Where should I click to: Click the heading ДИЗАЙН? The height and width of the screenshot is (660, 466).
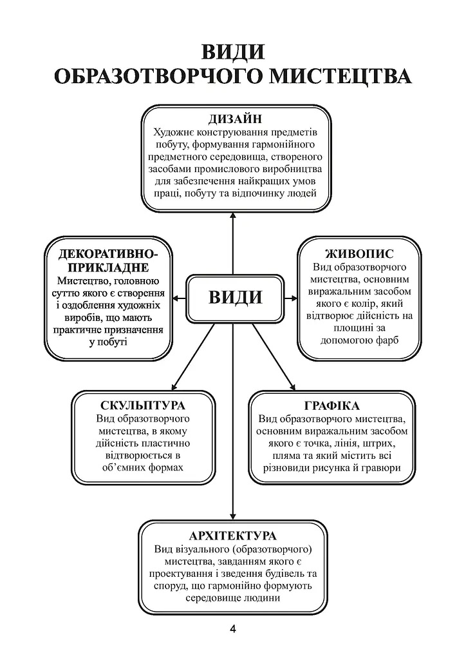pos(236,119)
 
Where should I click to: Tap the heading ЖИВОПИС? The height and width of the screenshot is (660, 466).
pos(359,254)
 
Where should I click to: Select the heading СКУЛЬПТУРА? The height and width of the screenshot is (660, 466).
pos(143,405)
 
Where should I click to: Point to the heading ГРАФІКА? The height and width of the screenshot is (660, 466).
pos(331,406)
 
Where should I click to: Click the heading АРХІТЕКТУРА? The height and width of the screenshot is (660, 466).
pos(233,536)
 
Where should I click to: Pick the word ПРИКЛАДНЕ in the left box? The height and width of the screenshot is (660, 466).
pos(108,267)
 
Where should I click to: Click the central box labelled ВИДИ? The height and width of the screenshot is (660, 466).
pos(236,298)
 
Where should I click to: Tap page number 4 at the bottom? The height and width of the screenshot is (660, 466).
pos(233,629)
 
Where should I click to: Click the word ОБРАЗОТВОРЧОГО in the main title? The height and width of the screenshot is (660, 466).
pos(159,77)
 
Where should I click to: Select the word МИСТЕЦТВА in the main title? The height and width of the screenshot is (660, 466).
pos(340,77)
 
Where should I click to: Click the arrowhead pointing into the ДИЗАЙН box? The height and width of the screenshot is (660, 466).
pos(233,215)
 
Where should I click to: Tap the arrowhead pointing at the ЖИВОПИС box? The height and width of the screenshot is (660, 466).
pos(294,298)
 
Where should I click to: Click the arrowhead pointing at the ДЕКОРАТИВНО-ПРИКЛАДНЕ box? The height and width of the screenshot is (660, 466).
pos(176,298)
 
